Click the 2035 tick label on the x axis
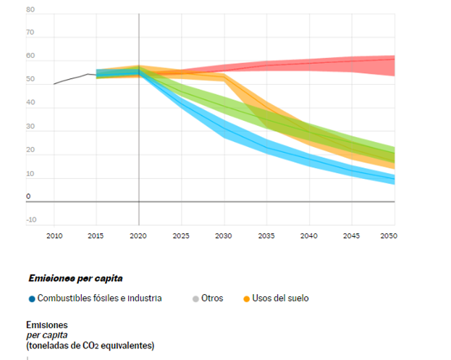(x=266, y=235)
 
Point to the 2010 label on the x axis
(x=54, y=235)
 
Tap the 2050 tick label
(x=389, y=235)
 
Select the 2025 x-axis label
(x=181, y=235)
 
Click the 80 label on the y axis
(x=30, y=10)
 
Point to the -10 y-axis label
(x=31, y=219)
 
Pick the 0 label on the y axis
(x=29, y=196)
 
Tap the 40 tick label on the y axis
(x=30, y=102)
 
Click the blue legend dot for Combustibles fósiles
(x=32, y=298)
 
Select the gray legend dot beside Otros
(x=196, y=298)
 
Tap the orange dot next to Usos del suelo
(x=247, y=298)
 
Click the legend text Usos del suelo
(x=281, y=298)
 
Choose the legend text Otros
(x=213, y=298)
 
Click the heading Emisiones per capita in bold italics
(x=75, y=278)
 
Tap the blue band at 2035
(x=266, y=150)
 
